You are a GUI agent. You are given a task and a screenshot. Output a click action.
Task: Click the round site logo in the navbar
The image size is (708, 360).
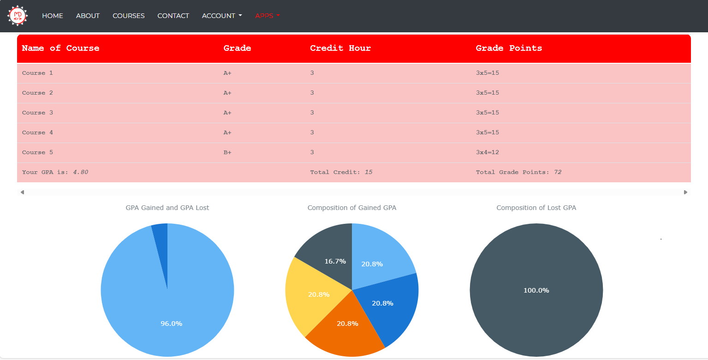18,16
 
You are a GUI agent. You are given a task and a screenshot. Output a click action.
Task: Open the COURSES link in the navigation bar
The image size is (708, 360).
128,16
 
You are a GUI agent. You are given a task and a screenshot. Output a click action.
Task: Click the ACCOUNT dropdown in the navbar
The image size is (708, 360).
221,16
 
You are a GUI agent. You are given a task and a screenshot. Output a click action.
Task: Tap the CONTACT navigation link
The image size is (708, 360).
173,16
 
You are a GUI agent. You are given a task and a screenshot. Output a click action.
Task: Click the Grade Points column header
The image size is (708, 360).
509,48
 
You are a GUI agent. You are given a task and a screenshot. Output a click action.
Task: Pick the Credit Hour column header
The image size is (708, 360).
340,48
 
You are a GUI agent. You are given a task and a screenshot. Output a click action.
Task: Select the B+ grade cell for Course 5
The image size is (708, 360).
227,152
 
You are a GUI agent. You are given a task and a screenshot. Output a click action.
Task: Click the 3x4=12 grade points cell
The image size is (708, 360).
487,152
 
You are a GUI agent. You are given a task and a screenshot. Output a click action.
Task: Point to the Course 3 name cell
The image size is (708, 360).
37,113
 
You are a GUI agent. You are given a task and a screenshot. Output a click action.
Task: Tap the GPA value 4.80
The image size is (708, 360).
81,172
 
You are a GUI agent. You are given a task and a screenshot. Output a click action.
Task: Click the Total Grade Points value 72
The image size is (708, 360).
558,172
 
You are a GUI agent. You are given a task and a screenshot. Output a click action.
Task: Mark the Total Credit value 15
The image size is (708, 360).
369,172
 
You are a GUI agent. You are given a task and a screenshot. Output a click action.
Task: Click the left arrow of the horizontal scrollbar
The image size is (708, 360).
22,192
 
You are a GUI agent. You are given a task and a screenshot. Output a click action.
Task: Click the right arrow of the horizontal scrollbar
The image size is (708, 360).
685,192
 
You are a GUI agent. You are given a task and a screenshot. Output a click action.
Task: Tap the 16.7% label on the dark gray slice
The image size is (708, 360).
335,261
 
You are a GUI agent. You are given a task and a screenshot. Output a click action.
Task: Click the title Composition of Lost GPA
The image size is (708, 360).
536,208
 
